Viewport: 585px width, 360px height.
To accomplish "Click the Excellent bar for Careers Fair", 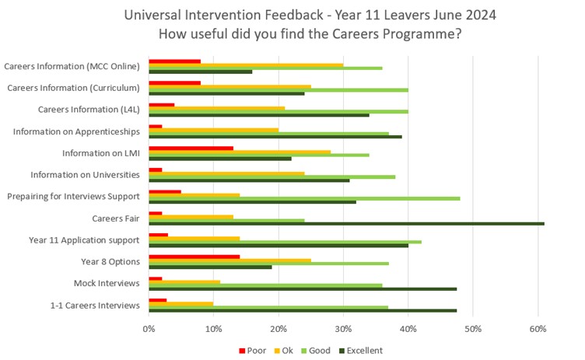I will (346, 223).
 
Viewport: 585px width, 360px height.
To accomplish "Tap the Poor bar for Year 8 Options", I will (194, 256).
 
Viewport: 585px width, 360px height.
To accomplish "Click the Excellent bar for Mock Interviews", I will (303, 288).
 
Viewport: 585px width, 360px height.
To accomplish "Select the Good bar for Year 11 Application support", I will (285, 241).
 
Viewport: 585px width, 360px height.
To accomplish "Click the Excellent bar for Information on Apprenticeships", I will (275, 136).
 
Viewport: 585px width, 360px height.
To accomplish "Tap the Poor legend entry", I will (250, 351).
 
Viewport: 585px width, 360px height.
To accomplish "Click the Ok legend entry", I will (286, 351).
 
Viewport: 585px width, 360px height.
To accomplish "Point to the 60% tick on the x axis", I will (538, 329).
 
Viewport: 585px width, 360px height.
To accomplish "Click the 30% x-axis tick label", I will (343, 329).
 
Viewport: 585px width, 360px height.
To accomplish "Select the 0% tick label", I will (149, 329).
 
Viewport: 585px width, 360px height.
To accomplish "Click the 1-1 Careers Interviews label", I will (96, 305).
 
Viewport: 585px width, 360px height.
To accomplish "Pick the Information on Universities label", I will (85, 174).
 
